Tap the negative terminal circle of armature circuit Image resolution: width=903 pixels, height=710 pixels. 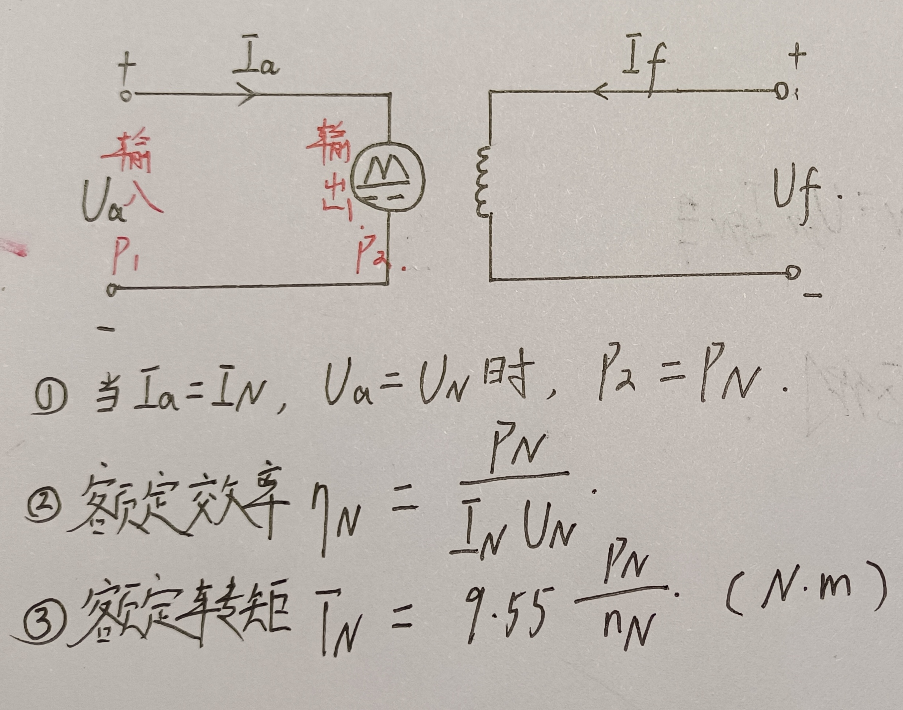(x=111, y=290)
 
